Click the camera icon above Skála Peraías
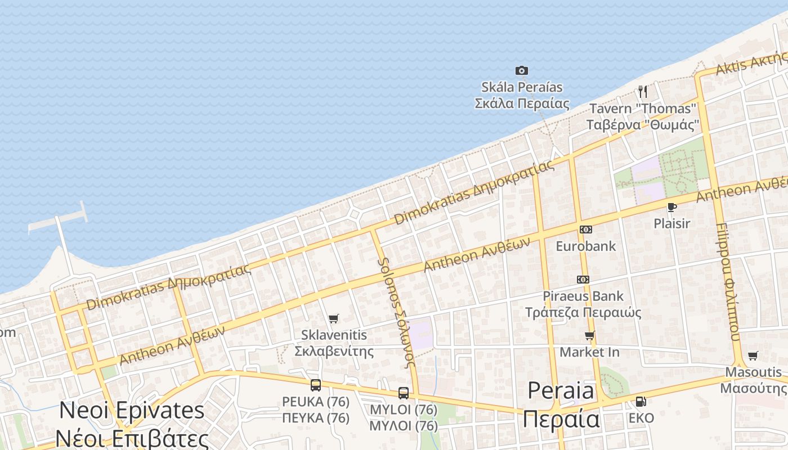click(x=522, y=70)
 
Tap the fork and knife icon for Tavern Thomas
click(x=643, y=91)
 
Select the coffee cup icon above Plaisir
click(x=671, y=207)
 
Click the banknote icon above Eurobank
click(x=586, y=229)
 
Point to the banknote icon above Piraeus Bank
click(x=583, y=280)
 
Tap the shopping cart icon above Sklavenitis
click(x=334, y=319)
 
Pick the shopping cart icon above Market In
click(x=589, y=336)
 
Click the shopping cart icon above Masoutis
click(x=753, y=355)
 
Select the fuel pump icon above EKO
click(x=641, y=402)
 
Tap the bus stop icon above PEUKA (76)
click(x=316, y=385)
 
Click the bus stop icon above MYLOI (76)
click(x=404, y=393)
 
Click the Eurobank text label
click(x=586, y=246)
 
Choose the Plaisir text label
click(x=671, y=223)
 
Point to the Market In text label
click(x=589, y=352)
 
